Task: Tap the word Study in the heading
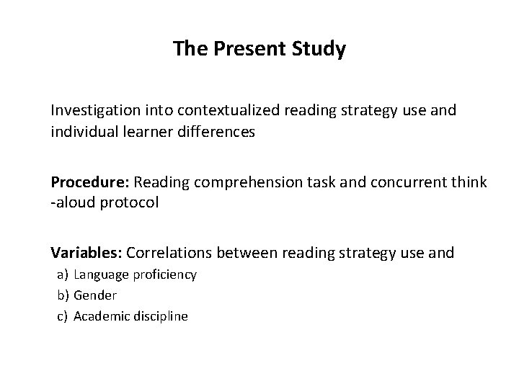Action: [x=319, y=50]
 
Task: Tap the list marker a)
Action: [x=62, y=274]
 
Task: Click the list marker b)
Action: [x=62, y=295]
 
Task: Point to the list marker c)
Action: [x=62, y=316]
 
